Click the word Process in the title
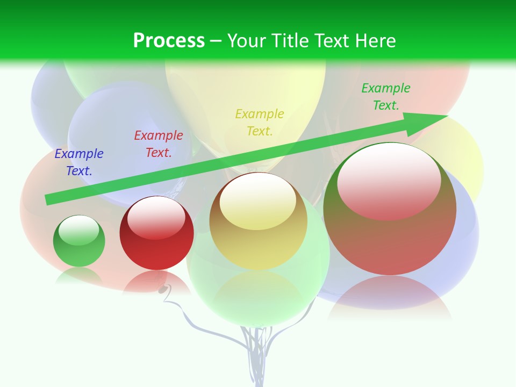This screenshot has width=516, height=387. click(169, 41)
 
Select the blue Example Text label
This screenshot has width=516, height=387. click(79, 162)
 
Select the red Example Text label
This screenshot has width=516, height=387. click(158, 144)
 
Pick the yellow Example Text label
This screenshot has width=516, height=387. click(260, 123)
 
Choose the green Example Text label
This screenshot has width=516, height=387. click(385, 97)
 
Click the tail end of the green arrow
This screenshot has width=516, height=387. click(47, 200)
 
